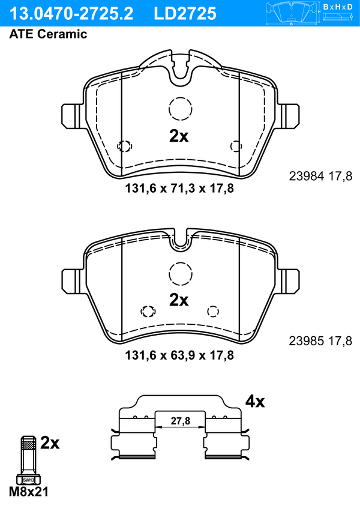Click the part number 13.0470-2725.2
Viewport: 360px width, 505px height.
click(71, 14)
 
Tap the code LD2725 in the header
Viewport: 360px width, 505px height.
click(185, 14)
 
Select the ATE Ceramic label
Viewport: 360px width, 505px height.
click(48, 34)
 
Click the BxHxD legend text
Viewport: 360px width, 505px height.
click(338, 7)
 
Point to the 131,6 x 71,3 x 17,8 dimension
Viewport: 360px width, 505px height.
click(179, 188)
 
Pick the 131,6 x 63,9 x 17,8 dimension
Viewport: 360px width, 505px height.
click(179, 355)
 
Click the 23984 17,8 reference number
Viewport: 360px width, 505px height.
click(321, 176)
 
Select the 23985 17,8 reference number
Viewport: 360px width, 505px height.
click(321, 340)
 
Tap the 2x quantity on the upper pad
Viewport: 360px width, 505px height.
click(179, 136)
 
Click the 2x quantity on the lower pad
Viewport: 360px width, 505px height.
click(179, 300)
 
